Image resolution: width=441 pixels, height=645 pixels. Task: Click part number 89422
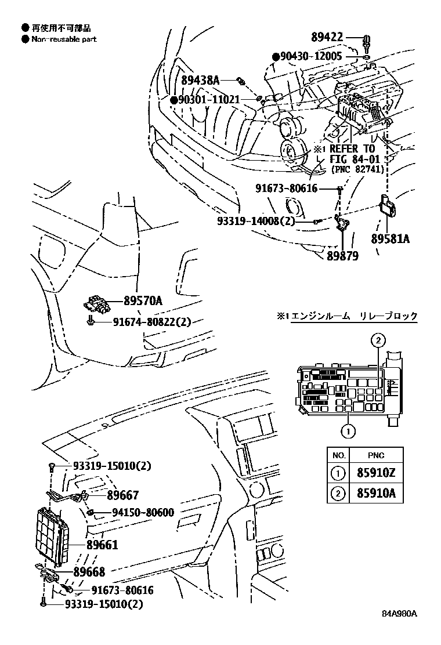click(x=327, y=37)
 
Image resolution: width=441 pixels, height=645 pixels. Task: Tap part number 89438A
click(x=201, y=80)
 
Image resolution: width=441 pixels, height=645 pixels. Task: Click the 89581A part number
click(x=391, y=238)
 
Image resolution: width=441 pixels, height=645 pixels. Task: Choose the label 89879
click(x=343, y=256)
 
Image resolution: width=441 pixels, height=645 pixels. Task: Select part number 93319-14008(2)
click(x=256, y=222)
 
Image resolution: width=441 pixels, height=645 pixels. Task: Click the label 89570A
click(x=143, y=301)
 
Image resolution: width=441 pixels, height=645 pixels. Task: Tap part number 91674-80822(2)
click(x=152, y=321)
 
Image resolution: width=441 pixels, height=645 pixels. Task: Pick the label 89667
click(x=122, y=495)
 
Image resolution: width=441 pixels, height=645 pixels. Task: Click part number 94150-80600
click(x=143, y=512)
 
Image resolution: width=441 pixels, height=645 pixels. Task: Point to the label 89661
click(x=103, y=545)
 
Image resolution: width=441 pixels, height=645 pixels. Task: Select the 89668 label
click(x=89, y=572)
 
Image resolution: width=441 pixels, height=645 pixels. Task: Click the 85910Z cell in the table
click(x=376, y=473)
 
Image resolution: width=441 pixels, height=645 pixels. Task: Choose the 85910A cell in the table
click(x=376, y=493)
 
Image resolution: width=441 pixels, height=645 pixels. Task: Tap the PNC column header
click(x=376, y=455)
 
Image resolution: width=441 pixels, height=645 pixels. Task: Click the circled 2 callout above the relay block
click(x=378, y=340)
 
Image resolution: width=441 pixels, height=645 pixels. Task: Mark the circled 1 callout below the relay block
click(x=348, y=431)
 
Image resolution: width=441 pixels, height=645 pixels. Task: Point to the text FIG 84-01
click(x=354, y=159)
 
